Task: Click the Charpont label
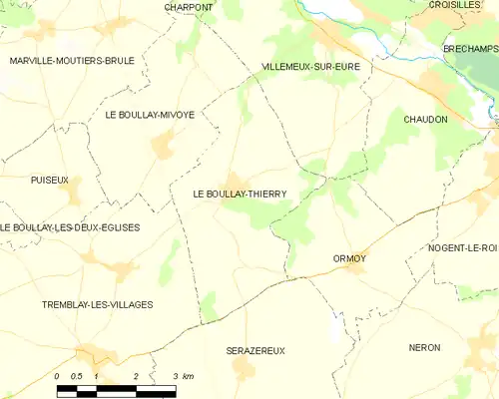[189, 7]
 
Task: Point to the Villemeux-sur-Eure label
[310, 67]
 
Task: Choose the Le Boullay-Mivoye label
[149, 115]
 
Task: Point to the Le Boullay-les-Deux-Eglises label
[70, 227]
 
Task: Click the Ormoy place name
[349, 258]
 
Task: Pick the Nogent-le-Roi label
[463, 247]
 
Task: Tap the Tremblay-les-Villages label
[98, 304]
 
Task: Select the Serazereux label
[256, 351]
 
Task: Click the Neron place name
[425, 347]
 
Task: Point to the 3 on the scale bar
[175, 375]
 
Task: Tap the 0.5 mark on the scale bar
[75, 375]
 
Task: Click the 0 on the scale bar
[57, 375]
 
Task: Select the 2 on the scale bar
[135, 375]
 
